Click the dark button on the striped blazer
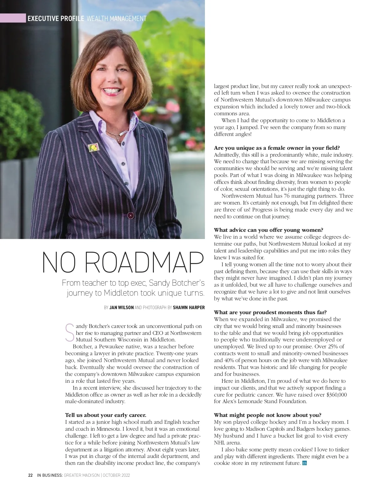tap(130, 215)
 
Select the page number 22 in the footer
tap(30, 475)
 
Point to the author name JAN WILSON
tap(122, 308)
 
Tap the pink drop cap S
tap(70, 332)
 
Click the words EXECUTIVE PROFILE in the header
tap(56, 18)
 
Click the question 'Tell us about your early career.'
tap(106, 415)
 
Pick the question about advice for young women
tap(269, 230)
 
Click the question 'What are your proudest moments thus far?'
tap(270, 312)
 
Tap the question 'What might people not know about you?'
tap(268, 415)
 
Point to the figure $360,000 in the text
tap(337, 395)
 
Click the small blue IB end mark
tap(304, 463)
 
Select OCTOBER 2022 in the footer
tap(117, 475)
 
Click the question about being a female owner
tap(277, 148)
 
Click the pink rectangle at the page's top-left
tap(13, 18)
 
